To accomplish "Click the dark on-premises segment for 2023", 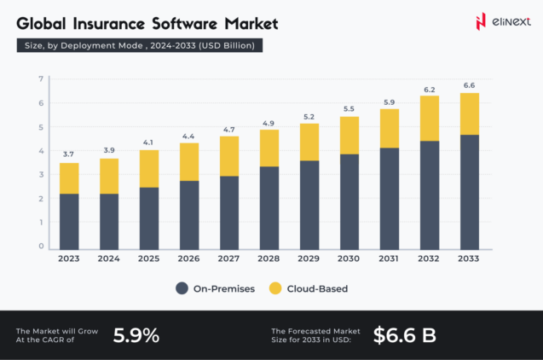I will click(x=69, y=221).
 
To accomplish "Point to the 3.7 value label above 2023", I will click(x=69, y=154).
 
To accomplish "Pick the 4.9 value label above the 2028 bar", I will click(x=269, y=122).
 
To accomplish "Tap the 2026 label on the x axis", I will click(x=189, y=258).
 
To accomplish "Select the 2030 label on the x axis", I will click(x=349, y=258).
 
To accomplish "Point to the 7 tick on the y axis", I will click(x=40, y=79).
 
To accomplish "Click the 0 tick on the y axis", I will click(x=40, y=247).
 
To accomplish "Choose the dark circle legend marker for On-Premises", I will click(x=182, y=288).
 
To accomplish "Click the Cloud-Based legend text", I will click(x=317, y=288).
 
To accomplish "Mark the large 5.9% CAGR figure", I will click(x=136, y=335).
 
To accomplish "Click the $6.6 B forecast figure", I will click(x=404, y=335).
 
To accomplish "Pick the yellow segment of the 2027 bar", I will click(x=229, y=155).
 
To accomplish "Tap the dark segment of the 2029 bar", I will click(x=309, y=205).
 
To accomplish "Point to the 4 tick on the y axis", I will click(x=40, y=151).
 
